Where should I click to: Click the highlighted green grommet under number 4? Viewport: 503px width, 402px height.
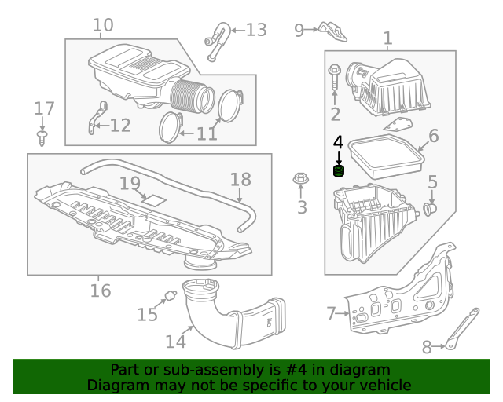click(339, 172)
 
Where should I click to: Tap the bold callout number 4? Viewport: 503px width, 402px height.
click(338, 142)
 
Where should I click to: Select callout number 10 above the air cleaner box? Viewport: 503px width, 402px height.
click(103, 26)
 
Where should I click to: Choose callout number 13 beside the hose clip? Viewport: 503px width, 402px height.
click(256, 31)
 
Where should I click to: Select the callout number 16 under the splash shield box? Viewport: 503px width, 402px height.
click(100, 291)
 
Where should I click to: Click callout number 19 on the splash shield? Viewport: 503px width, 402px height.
click(130, 184)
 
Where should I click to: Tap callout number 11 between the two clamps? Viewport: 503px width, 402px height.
click(207, 133)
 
